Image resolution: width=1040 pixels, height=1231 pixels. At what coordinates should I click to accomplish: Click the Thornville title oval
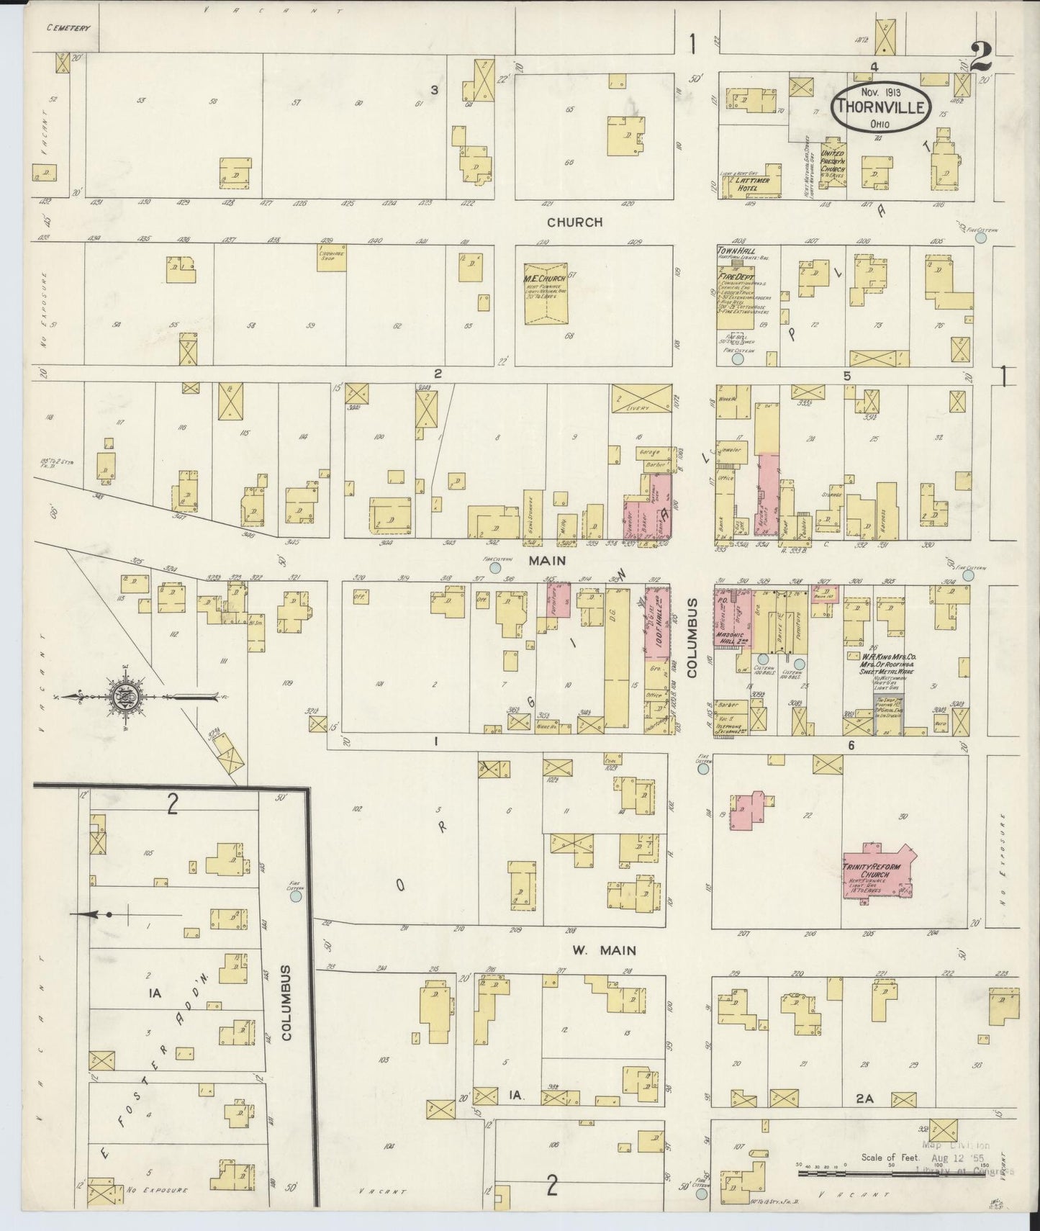tap(881, 107)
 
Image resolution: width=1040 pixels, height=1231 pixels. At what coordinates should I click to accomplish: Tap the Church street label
tap(574, 222)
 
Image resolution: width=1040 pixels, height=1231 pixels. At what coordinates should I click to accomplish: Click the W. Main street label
tap(604, 950)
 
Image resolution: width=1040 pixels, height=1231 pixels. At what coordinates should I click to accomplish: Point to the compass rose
tap(126, 695)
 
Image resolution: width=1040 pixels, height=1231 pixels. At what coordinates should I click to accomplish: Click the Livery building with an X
tap(640, 398)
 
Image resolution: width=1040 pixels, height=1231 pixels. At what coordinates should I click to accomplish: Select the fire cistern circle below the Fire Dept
tap(738, 358)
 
